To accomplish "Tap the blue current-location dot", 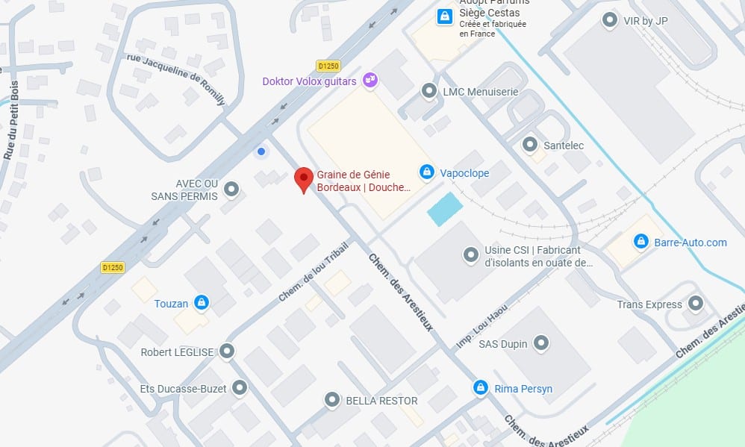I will click(x=261, y=151).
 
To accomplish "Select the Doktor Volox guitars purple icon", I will click(x=369, y=79).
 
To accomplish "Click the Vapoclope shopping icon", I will click(x=426, y=172).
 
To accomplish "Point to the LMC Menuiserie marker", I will click(x=429, y=91).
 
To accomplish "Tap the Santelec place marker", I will click(x=530, y=143).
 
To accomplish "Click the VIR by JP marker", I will click(x=610, y=20).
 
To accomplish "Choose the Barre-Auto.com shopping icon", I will click(x=640, y=242).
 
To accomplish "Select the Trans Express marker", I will click(x=696, y=304).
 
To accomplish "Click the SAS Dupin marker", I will click(x=542, y=343).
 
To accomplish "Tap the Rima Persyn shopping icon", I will click(x=481, y=388).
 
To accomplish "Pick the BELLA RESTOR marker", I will click(x=332, y=401).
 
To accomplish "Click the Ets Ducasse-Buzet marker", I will click(x=240, y=388).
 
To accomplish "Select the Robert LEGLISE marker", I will click(x=227, y=351).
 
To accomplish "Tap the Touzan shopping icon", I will click(x=200, y=302).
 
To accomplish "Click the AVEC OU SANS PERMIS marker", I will click(x=231, y=190).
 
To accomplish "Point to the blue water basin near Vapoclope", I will click(x=444, y=208).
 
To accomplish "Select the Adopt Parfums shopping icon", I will click(x=444, y=15).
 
